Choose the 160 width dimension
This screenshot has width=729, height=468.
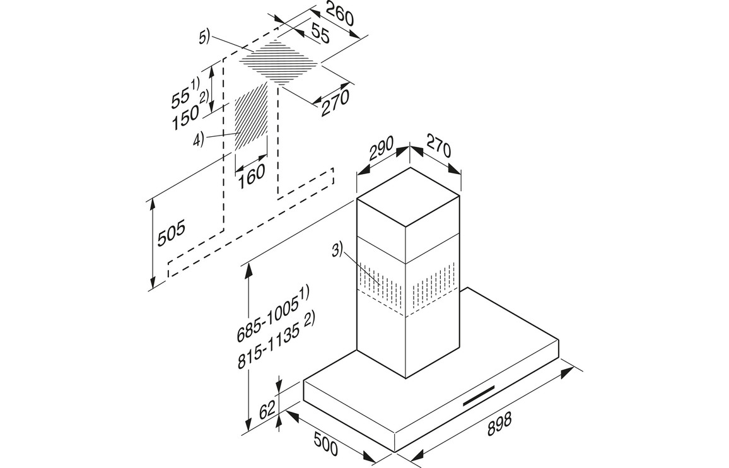point(252,173)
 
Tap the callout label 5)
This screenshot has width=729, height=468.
point(204,38)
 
